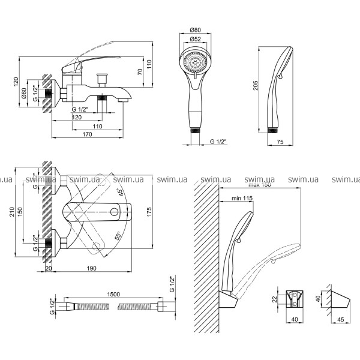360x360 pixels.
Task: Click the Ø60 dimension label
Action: click(23, 94)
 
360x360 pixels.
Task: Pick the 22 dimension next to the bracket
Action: click(275, 299)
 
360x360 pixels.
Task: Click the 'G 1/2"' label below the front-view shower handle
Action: click(221, 142)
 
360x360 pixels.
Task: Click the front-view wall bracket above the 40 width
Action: click(295, 299)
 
